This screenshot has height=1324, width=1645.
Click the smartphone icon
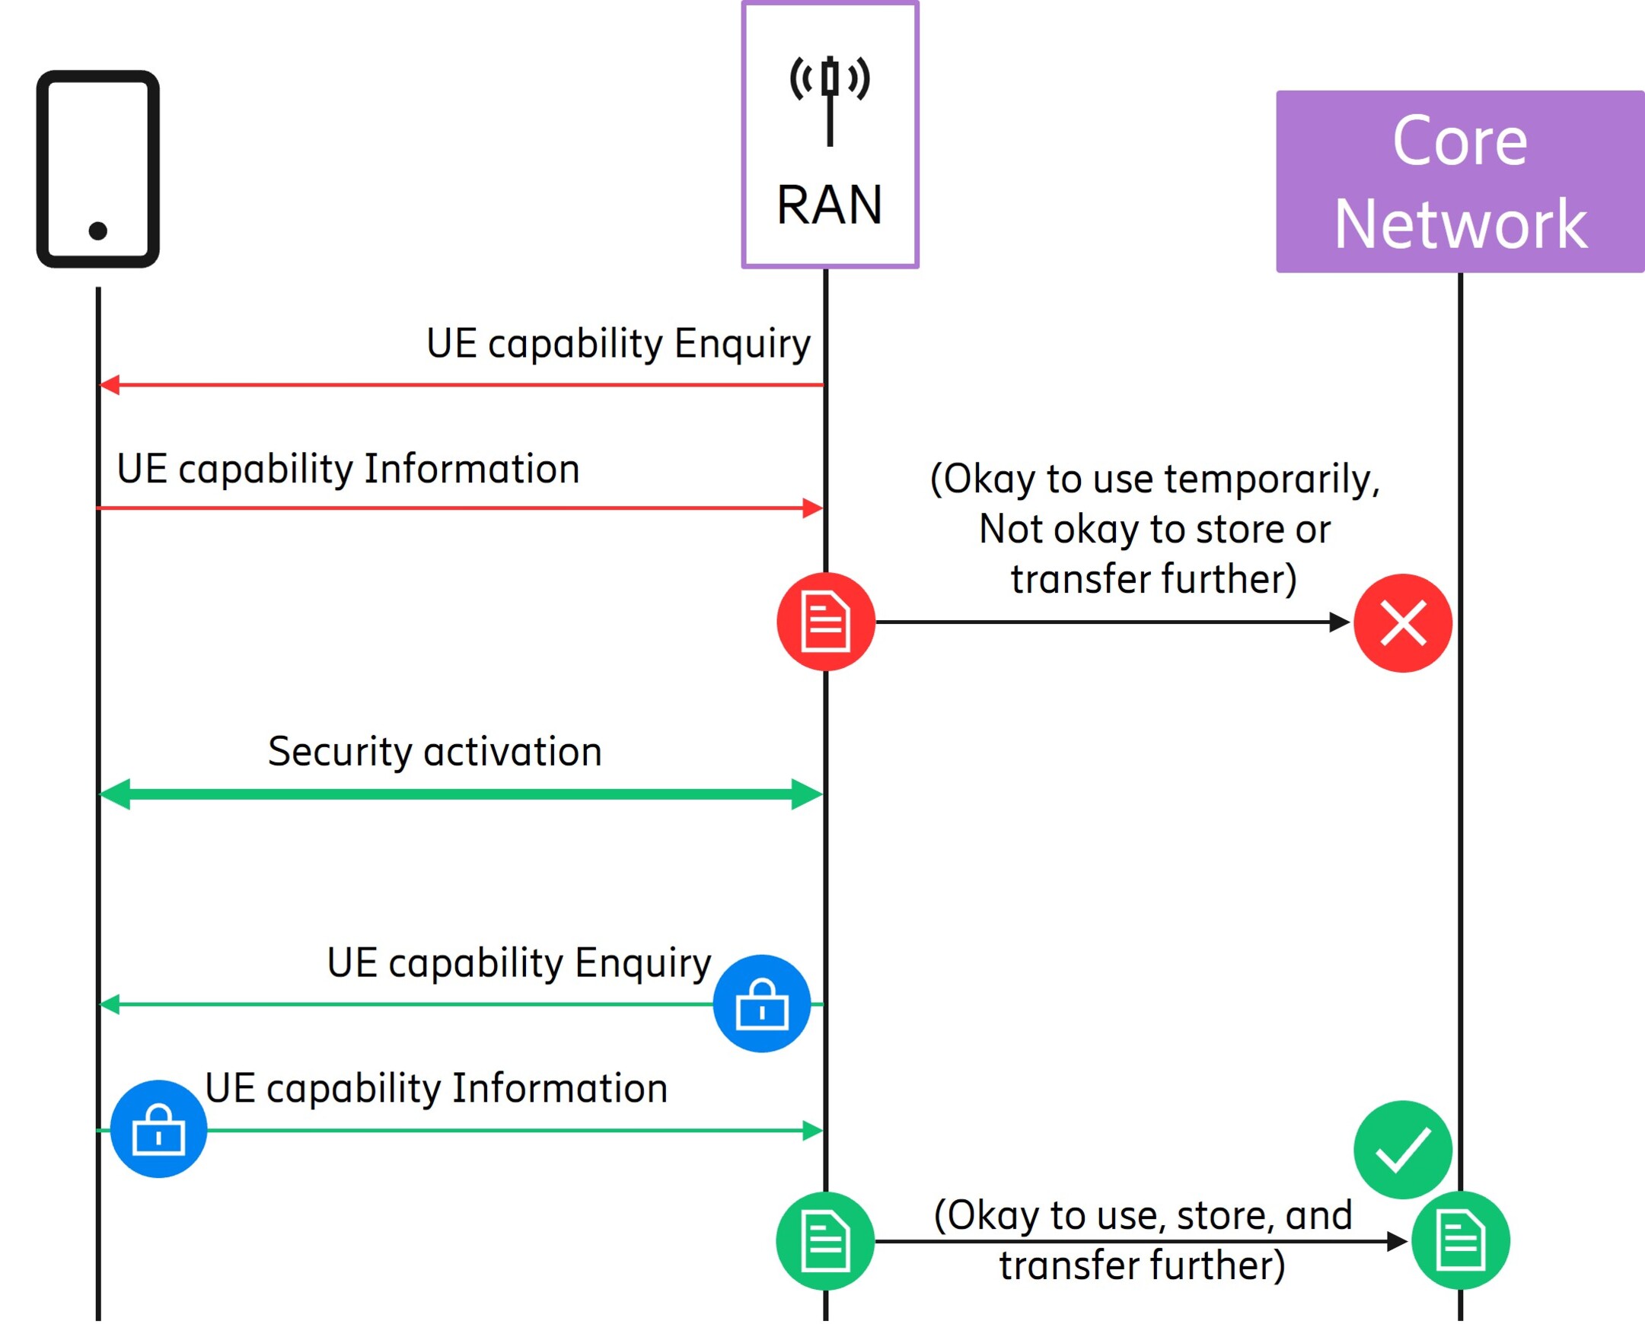coord(97,169)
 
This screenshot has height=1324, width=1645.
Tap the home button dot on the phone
coord(97,231)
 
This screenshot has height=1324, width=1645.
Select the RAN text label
coord(830,205)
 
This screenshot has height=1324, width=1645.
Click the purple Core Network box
coord(1459,182)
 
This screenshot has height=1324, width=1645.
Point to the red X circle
coord(1402,623)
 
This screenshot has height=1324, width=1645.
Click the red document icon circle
coord(826,622)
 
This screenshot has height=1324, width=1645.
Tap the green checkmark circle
coord(1402,1149)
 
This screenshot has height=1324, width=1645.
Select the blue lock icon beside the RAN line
coord(761,1004)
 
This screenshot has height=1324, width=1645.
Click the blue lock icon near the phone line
coord(158,1128)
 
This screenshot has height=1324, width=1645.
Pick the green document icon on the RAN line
coord(825,1241)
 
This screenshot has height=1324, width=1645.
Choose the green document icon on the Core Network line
coord(1460,1240)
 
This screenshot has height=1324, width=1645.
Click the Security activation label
coord(435,752)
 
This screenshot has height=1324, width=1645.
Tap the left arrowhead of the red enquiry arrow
coord(109,385)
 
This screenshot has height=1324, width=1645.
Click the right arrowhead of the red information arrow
coord(813,508)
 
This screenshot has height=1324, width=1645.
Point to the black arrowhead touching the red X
coord(1340,622)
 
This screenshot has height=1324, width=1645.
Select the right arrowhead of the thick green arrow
coord(808,794)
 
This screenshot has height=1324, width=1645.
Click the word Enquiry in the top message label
coord(741,344)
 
